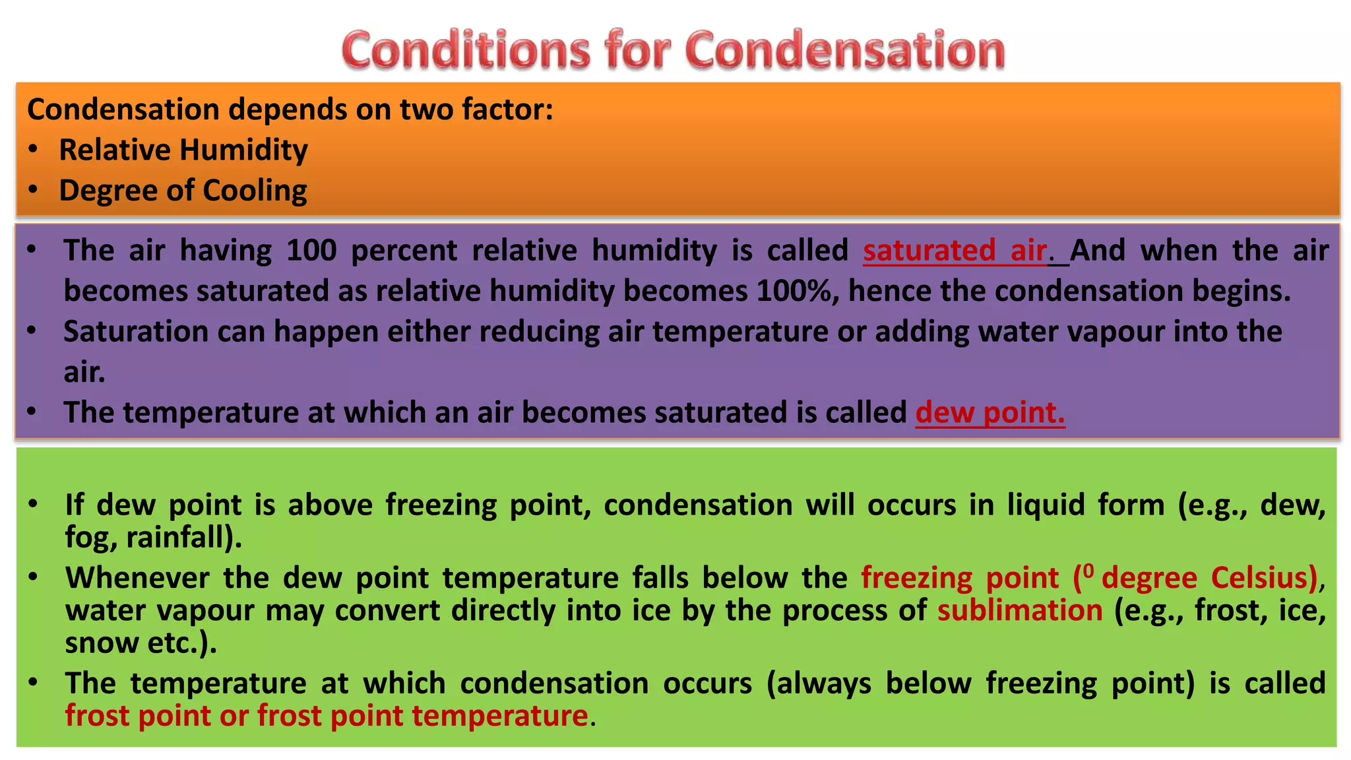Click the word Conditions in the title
pyautogui.click(x=466, y=50)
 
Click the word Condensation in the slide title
pyautogui.click(x=845, y=50)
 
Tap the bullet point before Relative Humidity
pyautogui.click(x=34, y=150)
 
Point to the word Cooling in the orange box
pyautogui.click(x=255, y=191)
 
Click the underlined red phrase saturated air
pyautogui.click(x=955, y=251)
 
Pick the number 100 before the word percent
pyautogui.click(x=311, y=251)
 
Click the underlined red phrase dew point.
pyautogui.click(x=990, y=413)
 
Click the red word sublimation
pyautogui.click(x=1020, y=610)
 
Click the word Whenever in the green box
pyautogui.click(x=137, y=578)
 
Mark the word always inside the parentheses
pyautogui.click(x=823, y=683)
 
